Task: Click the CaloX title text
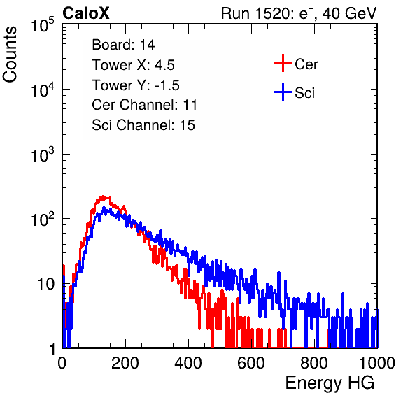pyautogui.click(x=85, y=13)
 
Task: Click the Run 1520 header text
pyautogui.click(x=299, y=13)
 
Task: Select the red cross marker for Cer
pyautogui.click(x=283, y=63)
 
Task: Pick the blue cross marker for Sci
pyautogui.click(x=283, y=92)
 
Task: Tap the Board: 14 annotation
pyautogui.click(x=123, y=45)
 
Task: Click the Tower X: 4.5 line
pyautogui.click(x=133, y=64)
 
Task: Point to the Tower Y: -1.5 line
pyautogui.click(x=136, y=85)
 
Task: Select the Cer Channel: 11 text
pyautogui.click(x=144, y=105)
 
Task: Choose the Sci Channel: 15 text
pyautogui.click(x=143, y=125)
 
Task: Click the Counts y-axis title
pyautogui.click(x=10, y=55)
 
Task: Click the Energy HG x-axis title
pyautogui.click(x=330, y=383)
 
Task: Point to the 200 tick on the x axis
pyautogui.click(x=125, y=363)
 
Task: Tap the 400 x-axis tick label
pyautogui.click(x=188, y=363)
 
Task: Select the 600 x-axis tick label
pyautogui.click(x=251, y=363)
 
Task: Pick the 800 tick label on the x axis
pyautogui.click(x=314, y=363)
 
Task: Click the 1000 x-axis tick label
pyautogui.click(x=377, y=363)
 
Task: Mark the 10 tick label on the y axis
pyautogui.click(x=47, y=284)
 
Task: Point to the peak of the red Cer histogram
pyautogui.click(x=103, y=197)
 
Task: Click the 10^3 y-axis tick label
pyautogui.click(x=43, y=154)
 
